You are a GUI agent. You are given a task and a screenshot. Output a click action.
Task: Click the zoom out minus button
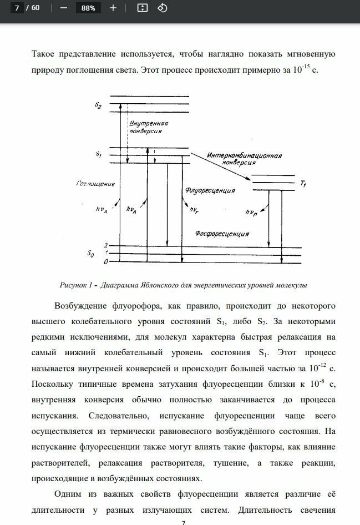click(63, 8)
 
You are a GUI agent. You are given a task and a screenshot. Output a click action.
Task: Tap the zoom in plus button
click(113, 8)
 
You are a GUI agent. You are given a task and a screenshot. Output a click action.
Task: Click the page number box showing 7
click(17, 8)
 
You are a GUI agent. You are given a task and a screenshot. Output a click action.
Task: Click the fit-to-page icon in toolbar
click(142, 8)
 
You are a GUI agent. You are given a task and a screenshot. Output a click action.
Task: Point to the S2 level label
click(98, 105)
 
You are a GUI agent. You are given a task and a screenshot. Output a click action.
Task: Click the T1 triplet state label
click(302, 184)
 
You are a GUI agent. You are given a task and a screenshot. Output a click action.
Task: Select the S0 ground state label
click(91, 254)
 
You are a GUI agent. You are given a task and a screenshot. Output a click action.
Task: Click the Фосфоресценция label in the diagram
click(221, 234)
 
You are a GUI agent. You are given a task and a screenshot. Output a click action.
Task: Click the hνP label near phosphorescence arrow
click(251, 213)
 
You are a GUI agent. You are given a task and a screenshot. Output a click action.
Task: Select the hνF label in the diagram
click(194, 210)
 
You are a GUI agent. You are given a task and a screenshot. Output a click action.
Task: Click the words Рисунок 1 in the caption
click(75, 285)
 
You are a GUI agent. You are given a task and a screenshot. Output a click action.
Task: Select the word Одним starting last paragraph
click(68, 493)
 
